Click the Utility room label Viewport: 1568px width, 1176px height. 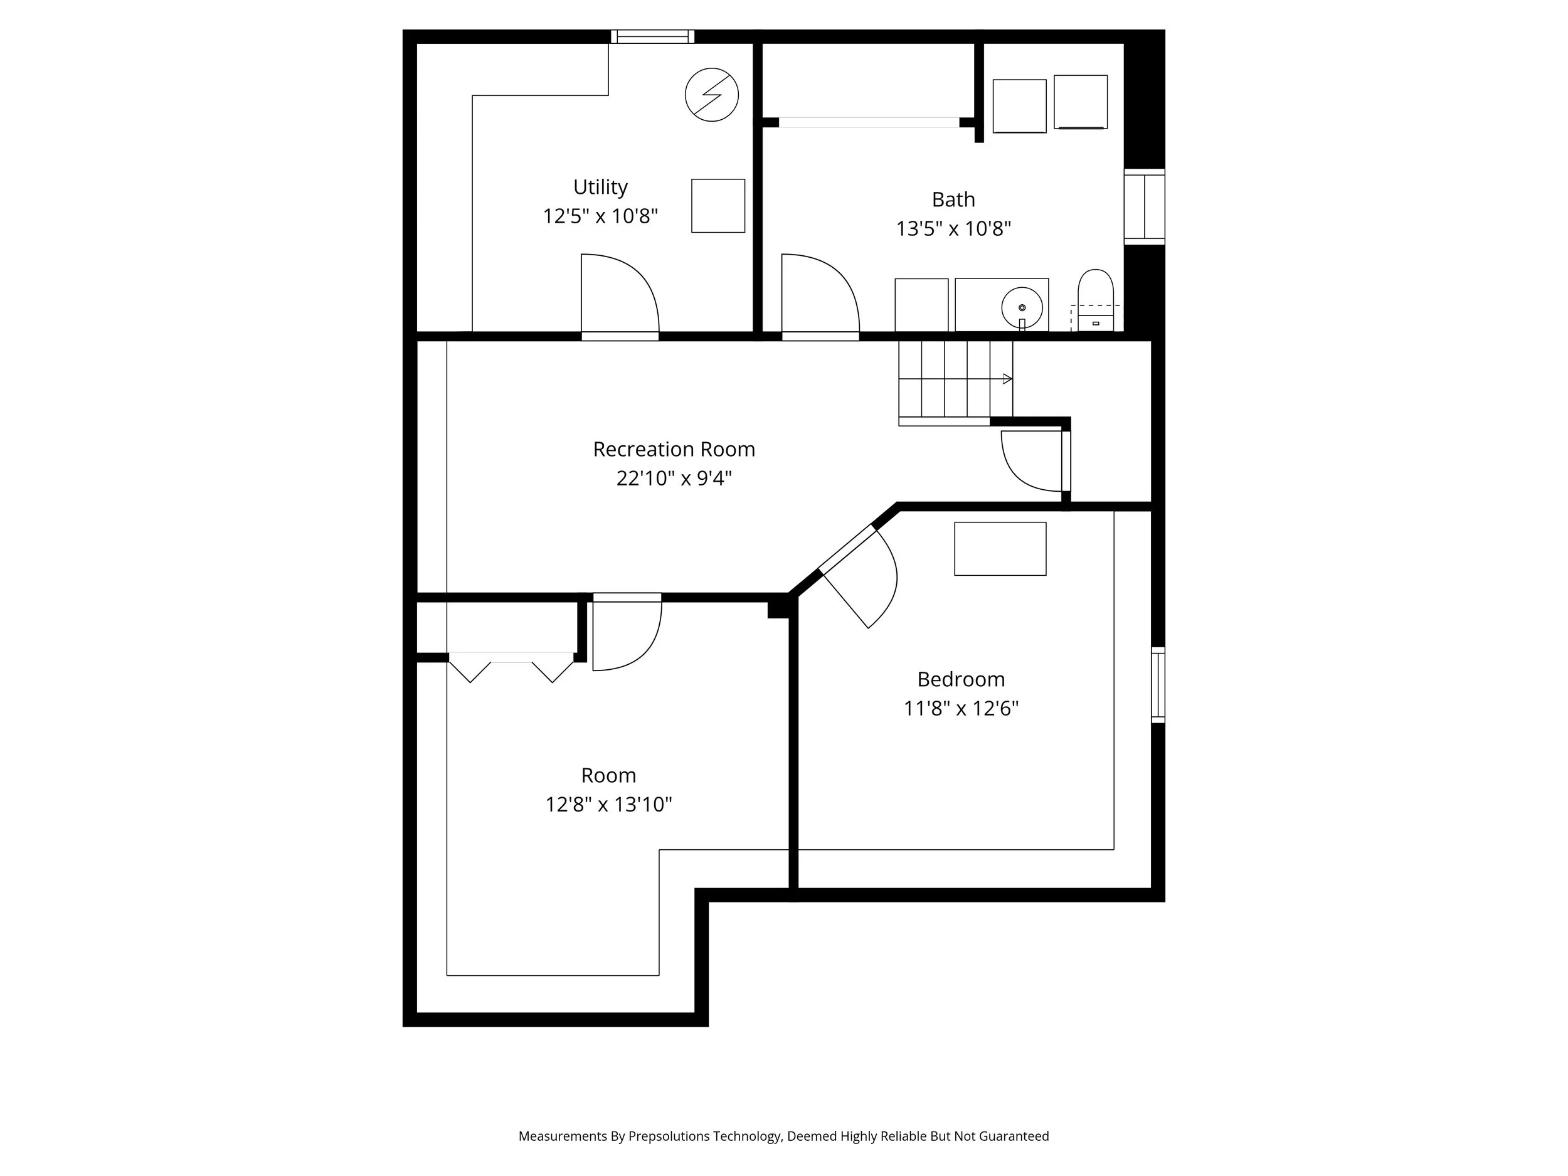pos(600,187)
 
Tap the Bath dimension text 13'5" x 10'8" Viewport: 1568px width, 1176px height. pos(953,229)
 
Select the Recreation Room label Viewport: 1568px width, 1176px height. pos(674,450)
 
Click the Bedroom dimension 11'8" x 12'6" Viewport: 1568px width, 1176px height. pos(960,708)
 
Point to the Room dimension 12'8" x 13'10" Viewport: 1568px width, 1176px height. pos(608,805)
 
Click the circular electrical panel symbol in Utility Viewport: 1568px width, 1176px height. pos(712,95)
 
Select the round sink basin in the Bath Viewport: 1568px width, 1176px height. pos(1022,307)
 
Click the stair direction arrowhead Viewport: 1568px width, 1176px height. pos(1007,379)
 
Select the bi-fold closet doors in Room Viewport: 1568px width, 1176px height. pos(511,668)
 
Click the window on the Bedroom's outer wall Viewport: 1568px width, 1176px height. pos(1158,685)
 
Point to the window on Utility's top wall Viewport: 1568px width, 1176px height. pos(652,37)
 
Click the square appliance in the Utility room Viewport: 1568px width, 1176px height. pos(718,206)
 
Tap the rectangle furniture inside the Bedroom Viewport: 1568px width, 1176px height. pos(1000,549)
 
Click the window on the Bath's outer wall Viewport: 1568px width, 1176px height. pos(1144,207)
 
